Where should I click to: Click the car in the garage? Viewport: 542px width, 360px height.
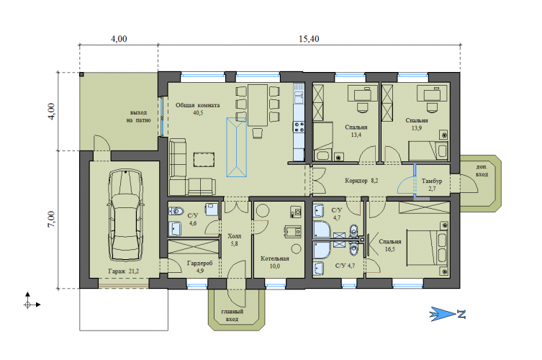coord(125,215)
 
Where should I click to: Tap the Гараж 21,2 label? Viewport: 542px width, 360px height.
coord(123,271)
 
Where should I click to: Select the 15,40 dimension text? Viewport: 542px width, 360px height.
coord(309,39)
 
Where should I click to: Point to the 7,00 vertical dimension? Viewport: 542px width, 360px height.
coord(51,220)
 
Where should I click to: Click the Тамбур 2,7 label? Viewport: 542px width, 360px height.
coord(432,184)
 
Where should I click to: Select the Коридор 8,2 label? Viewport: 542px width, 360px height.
coord(361,181)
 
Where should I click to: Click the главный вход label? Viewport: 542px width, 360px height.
coord(232,315)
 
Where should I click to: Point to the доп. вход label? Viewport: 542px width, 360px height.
coord(482,171)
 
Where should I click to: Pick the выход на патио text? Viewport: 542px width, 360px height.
coord(139,116)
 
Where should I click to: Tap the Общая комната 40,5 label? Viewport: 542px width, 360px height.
coord(198,109)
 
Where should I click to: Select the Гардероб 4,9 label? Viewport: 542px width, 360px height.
coord(200,266)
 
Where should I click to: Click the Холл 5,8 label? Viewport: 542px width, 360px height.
coord(235,240)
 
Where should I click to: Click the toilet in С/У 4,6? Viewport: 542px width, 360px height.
coord(176,211)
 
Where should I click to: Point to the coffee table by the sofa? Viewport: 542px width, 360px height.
coord(204,160)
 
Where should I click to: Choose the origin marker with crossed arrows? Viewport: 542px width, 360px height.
coord(28,305)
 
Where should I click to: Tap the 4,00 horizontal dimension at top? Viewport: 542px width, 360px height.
coord(119,39)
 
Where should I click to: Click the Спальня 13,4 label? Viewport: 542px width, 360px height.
coord(356,131)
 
